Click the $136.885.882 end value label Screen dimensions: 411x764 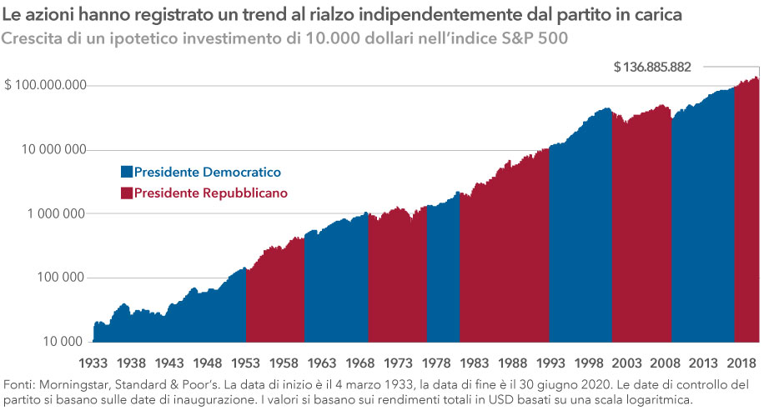click(652, 67)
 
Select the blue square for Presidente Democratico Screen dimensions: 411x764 click(127, 172)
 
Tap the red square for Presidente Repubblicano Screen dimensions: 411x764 click(127, 193)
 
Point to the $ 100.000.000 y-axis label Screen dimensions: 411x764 click(46, 86)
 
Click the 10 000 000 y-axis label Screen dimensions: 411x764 click(53, 150)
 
